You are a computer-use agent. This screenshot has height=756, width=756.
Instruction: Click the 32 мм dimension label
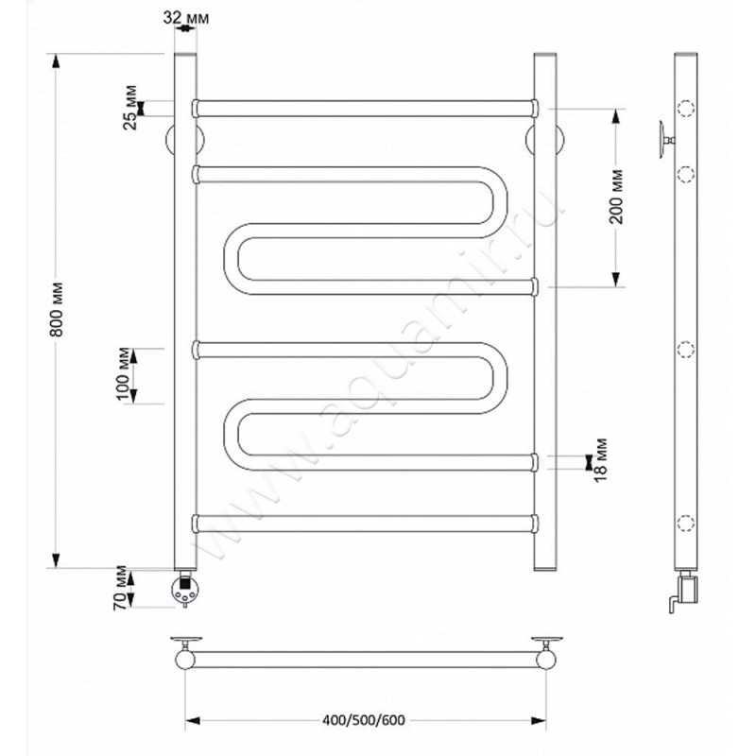(x=185, y=18)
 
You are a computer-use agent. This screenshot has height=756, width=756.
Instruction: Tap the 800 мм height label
(x=58, y=309)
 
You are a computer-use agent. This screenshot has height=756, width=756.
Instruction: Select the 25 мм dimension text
(x=130, y=108)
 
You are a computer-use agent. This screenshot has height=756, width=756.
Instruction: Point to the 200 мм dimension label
(x=616, y=197)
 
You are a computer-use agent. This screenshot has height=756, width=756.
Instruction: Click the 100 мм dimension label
(x=124, y=374)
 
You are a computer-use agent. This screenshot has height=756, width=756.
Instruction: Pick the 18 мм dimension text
(x=600, y=459)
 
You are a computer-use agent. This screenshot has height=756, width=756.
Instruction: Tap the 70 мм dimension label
(x=121, y=588)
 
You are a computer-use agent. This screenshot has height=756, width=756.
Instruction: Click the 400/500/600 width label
(x=364, y=720)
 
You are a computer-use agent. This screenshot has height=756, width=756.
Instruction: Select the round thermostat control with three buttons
(x=185, y=589)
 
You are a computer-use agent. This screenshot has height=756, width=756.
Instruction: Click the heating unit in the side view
(x=686, y=592)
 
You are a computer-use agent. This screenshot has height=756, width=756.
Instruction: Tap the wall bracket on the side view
(x=666, y=140)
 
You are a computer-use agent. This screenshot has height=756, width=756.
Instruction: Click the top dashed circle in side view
(x=686, y=109)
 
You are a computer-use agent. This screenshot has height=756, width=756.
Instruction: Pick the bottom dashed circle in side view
(x=686, y=524)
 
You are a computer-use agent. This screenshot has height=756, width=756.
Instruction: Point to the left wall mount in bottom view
(x=185, y=653)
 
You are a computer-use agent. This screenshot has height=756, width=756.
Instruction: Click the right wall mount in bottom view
(x=546, y=653)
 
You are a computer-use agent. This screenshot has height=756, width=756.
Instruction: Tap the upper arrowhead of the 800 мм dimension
(x=56, y=61)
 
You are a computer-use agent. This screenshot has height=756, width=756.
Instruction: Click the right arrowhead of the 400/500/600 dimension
(x=538, y=721)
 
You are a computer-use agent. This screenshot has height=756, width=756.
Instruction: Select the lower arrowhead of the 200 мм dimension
(x=616, y=279)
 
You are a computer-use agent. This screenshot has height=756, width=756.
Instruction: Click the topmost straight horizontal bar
(x=365, y=109)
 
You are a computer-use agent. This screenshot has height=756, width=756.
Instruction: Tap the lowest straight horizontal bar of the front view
(x=365, y=524)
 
